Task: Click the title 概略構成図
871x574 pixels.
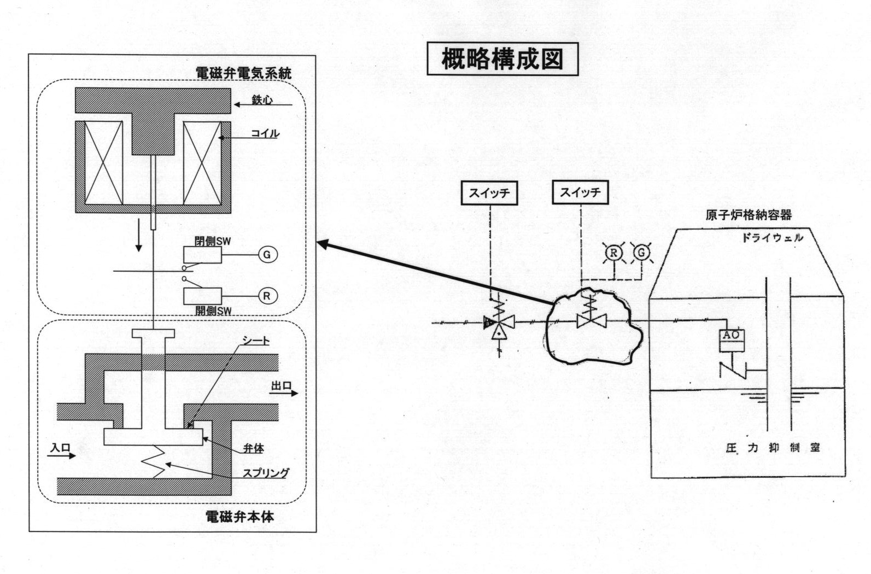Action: (x=502, y=59)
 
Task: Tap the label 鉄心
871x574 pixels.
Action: (x=262, y=101)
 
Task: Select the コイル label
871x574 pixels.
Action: (x=265, y=133)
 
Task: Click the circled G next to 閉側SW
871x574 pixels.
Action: (x=267, y=255)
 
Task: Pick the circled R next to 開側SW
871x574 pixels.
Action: (x=267, y=296)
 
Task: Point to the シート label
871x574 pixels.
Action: (x=256, y=341)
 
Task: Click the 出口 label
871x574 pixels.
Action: (x=282, y=386)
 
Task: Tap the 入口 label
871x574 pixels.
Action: (x=60, y=447)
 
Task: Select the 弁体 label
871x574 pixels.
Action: (x=254, y=448)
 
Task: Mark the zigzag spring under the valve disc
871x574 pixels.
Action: (x=153, y=462)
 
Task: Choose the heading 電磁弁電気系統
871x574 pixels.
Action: (x=244, y=73)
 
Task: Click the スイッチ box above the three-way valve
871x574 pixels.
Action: (x=489, y=193)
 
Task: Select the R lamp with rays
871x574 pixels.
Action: (x=614, y=253)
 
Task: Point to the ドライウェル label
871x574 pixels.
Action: (x=773, y=237)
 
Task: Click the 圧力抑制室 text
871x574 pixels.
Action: (x=772, y=448)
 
